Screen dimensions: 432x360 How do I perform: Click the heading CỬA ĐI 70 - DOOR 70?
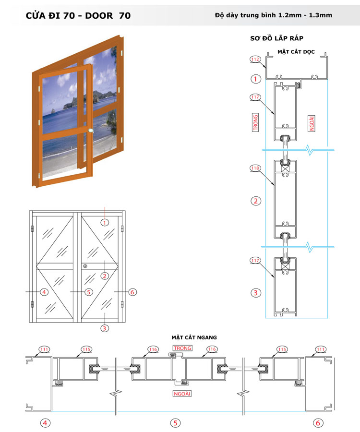[78, 15]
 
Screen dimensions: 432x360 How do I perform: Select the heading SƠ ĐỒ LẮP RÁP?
[276, 38]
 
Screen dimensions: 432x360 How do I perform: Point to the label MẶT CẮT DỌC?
[296, 51]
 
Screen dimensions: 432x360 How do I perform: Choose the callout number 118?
[255, 168]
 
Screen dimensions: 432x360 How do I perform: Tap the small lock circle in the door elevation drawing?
[85, 266]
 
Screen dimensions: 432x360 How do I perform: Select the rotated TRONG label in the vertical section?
[255, 123]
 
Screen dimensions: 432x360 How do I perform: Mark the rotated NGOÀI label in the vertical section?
[312, 123]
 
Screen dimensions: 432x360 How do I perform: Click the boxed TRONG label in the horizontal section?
[182, 348]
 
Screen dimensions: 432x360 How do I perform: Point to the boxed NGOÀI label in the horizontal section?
[182, 394]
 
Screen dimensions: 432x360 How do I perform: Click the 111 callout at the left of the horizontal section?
[44, 349]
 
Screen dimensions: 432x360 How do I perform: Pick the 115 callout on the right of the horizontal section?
[283, 349]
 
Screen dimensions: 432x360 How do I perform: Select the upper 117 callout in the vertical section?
[255, 97]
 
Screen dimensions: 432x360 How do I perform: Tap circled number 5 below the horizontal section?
[176, 423]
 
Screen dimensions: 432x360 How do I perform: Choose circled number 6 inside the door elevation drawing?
[133, 291]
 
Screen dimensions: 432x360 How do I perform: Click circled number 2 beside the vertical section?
[256, 201]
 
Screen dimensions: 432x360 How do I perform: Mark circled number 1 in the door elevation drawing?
[105, 222]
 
